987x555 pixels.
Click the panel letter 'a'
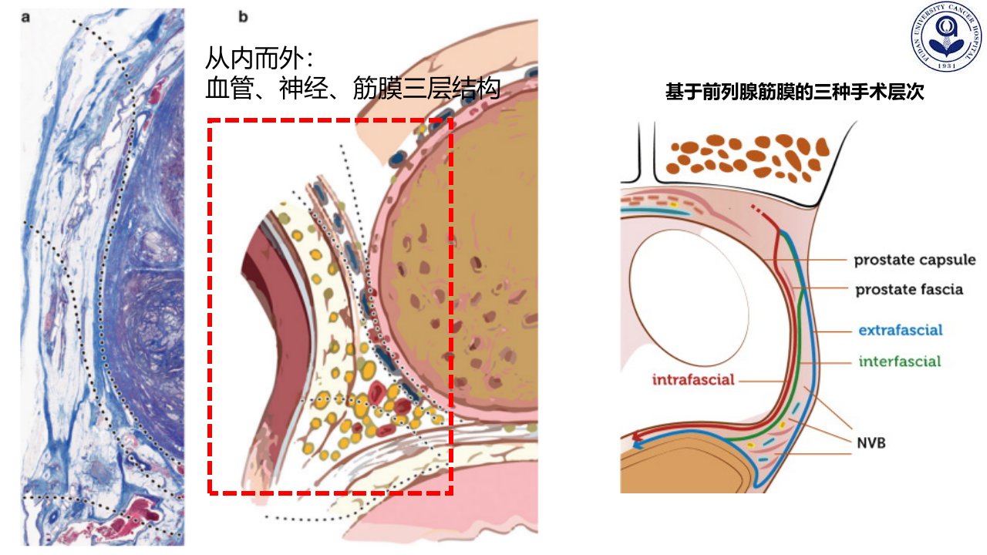(x=25, y=17)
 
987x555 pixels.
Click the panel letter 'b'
(x=243, y=17)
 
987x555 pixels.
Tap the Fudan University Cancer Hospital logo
(x=946, y=36)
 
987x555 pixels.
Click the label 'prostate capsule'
(x=915, y=260)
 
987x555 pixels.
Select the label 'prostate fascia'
(x=909, y=289)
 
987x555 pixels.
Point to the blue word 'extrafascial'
(x=900, y=330)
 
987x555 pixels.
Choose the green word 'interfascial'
(x=900, y=362)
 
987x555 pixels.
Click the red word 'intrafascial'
(x=693, y=379)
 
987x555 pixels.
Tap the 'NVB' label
(x=871, y=442)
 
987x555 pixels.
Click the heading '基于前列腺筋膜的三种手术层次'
(x=794, y=92)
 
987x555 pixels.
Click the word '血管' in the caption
(x=230, y=88)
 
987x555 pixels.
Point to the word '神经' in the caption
(x=304, y=88)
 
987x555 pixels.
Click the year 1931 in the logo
(x=946, y=66)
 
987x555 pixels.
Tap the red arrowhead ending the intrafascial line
(x=636, y=437)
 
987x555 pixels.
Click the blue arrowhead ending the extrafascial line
(x=637, y=446)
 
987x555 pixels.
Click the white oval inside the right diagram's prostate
(x=689, y=297)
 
